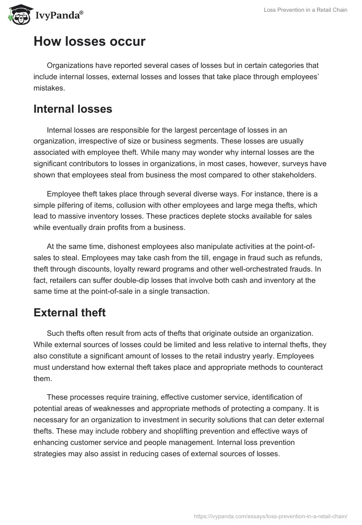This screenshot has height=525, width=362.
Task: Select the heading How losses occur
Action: [x=90, y=42]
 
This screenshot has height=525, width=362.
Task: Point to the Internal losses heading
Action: [x=73, y=109]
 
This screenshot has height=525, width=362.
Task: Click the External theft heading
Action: [x=69, y=312]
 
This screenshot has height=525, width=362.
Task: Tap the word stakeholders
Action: [x=285, y=175]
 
